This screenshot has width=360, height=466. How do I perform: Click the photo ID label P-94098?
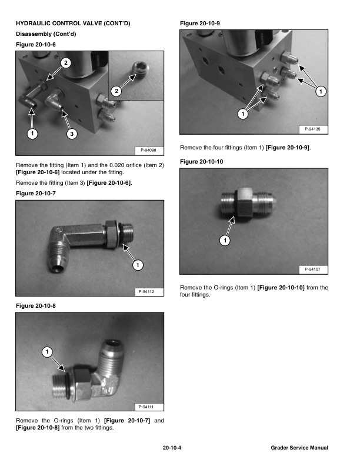pyautogui.click(x=149, y=152)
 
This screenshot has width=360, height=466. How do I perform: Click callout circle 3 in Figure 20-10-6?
pyautogui.click(x=71, y=134)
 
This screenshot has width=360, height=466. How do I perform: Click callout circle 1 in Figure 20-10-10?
pyautogui.click(x=225, y=240)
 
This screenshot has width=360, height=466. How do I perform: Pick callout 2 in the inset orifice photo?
pyautogui.click(x=116, y=91)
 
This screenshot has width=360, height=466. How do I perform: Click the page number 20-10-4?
pyautogui.click(x=172, y=448)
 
